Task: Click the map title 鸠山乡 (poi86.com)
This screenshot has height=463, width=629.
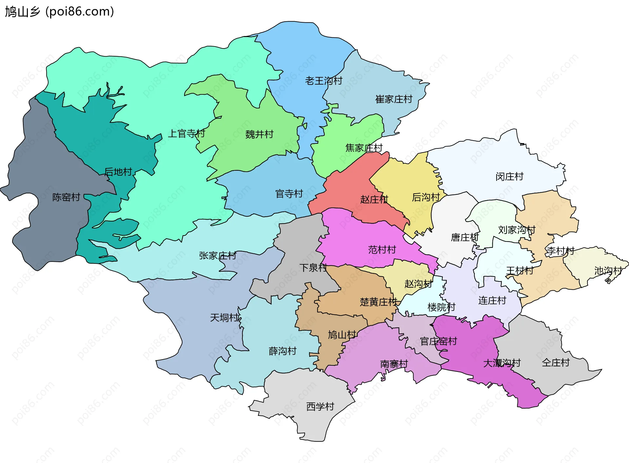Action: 59,11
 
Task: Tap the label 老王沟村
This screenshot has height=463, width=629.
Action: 324,81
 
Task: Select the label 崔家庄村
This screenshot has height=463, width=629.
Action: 393,99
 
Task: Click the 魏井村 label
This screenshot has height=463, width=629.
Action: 259,134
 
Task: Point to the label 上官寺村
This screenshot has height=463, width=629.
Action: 186,133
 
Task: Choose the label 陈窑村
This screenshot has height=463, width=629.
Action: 66,197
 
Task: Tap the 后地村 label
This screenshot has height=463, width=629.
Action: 118,172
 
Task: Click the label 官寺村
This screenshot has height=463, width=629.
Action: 289,194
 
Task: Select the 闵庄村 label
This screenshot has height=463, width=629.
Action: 509,177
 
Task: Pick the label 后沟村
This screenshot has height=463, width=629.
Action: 426,197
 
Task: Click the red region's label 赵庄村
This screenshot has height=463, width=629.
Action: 374,199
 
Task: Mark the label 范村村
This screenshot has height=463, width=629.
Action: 382,250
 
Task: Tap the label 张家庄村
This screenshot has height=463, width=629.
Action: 218,256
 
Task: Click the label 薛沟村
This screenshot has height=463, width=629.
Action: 282,351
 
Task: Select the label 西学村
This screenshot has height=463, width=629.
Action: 320,407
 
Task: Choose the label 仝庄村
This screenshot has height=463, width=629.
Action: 556,363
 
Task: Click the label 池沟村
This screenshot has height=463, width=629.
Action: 608,271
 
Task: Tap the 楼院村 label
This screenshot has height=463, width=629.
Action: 441,307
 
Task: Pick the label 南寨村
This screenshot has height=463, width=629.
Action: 394,364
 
